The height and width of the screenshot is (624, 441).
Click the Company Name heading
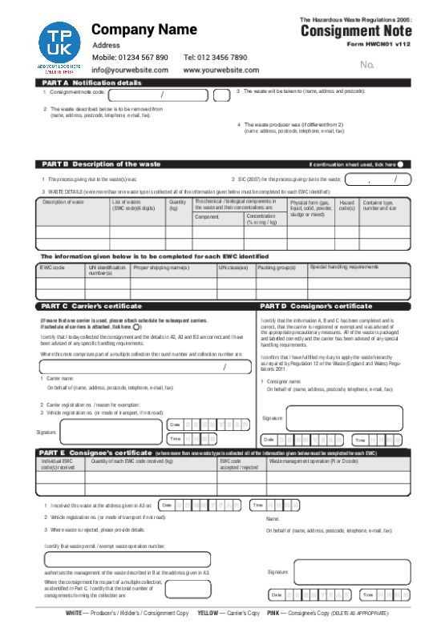144,30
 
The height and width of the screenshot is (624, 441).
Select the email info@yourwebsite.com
130,70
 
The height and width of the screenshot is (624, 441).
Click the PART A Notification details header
91,83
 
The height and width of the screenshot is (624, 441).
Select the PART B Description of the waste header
101,163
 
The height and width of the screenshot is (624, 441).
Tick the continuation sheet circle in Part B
400,164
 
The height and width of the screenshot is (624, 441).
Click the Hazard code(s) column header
347,206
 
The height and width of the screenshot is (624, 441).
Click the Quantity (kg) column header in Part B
177,206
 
